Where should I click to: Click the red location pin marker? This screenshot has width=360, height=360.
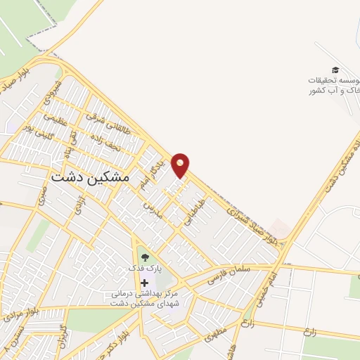(181, 165)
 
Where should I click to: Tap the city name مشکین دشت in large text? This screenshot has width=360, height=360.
(90, 179)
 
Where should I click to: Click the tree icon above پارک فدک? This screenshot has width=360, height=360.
(145, 257)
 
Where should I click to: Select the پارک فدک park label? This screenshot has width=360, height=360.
(144, 269)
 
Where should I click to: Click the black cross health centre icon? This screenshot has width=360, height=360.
(144, 281)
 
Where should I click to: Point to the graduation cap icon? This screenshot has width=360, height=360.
(336, 70)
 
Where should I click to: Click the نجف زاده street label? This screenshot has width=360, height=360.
(105, 144)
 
